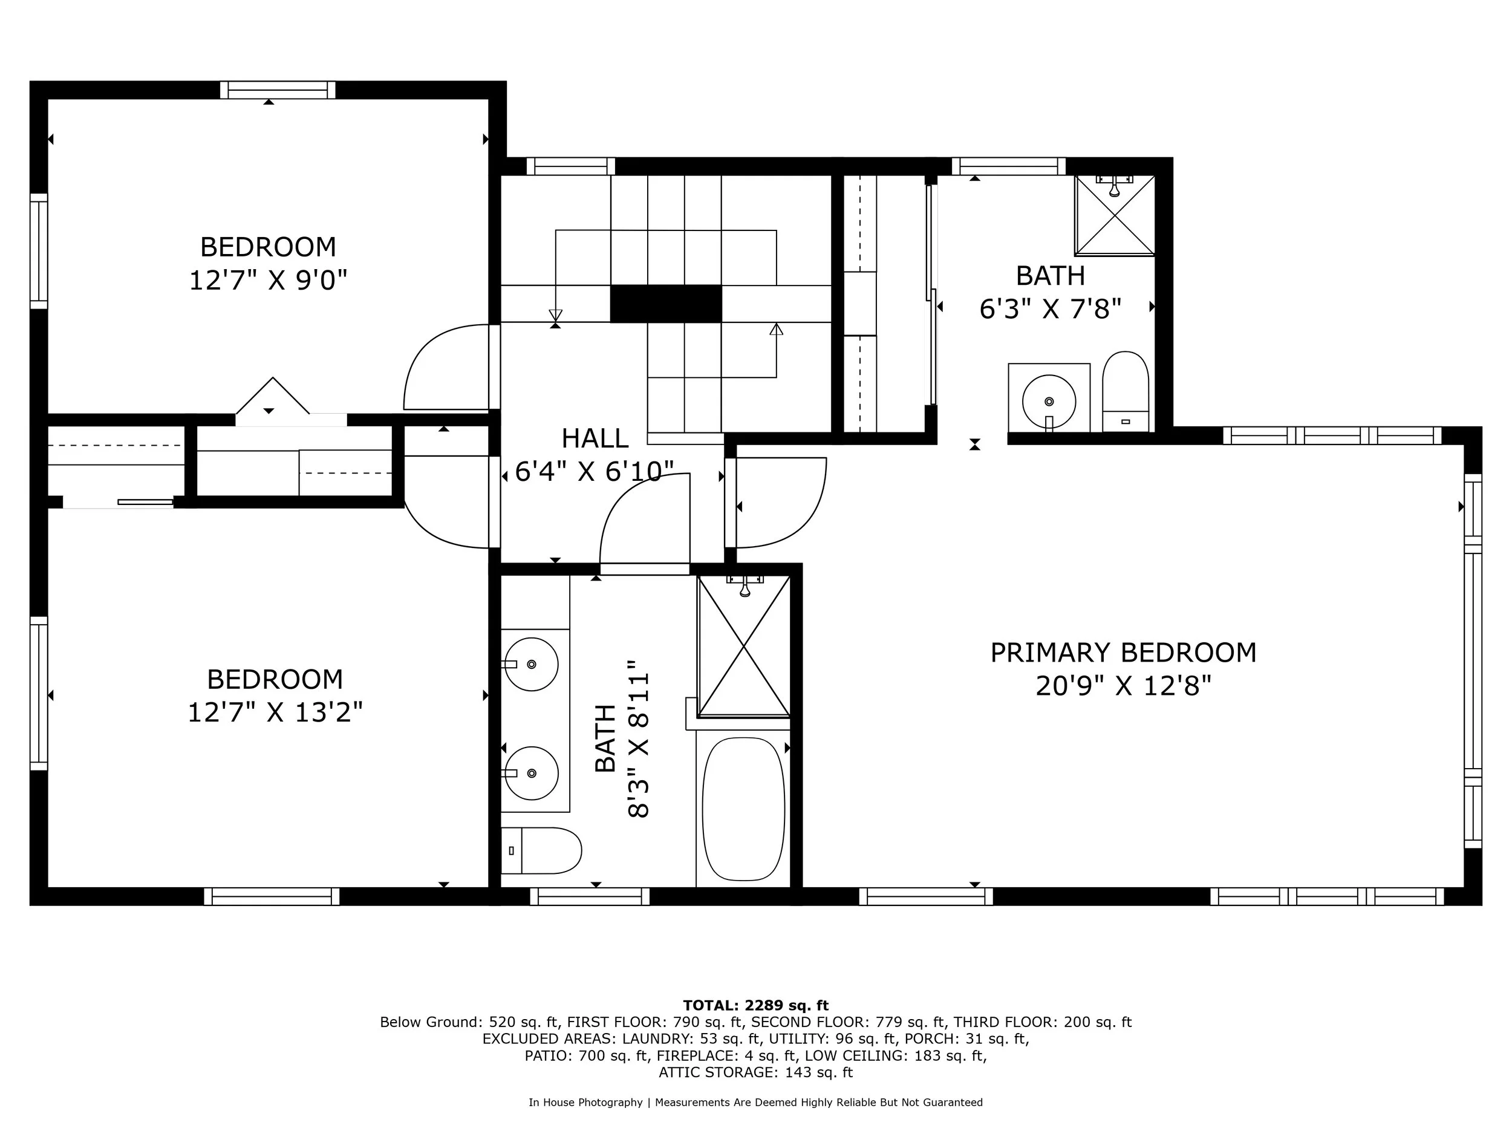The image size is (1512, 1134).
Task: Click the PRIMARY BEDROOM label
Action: pyautogui.click(x=1123, y=653)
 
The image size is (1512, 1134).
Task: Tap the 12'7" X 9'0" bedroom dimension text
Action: pyautogui.click(x=268, y=280)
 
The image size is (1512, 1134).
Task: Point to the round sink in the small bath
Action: pyautogui.click(x=1049, y=401)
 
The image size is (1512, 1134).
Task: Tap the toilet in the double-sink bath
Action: pyautogui.click(x=541, y=850)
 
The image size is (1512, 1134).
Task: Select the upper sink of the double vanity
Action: pyautogui.click(x=531, y=663)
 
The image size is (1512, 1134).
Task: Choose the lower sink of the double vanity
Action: pyautogui.click(x=531, y=773)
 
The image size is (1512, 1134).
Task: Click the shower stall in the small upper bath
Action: pyautogui.click(x=1114, y=215)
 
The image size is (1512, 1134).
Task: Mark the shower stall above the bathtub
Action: pyautogui.click(x=743, y=646)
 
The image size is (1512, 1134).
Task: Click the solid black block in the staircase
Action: pyautogui.click(x=665, y=304)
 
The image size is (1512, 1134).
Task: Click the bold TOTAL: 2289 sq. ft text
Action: pyautogui.click(x=755, y=1006)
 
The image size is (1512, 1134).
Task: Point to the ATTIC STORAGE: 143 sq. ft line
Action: pyautogui.click(x=755, y=1072)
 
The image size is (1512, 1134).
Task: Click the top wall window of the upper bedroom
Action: pyautogui.click(x=278, y=90)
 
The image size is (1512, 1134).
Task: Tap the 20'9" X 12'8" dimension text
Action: pyautogui.click(x=1123, y=686)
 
